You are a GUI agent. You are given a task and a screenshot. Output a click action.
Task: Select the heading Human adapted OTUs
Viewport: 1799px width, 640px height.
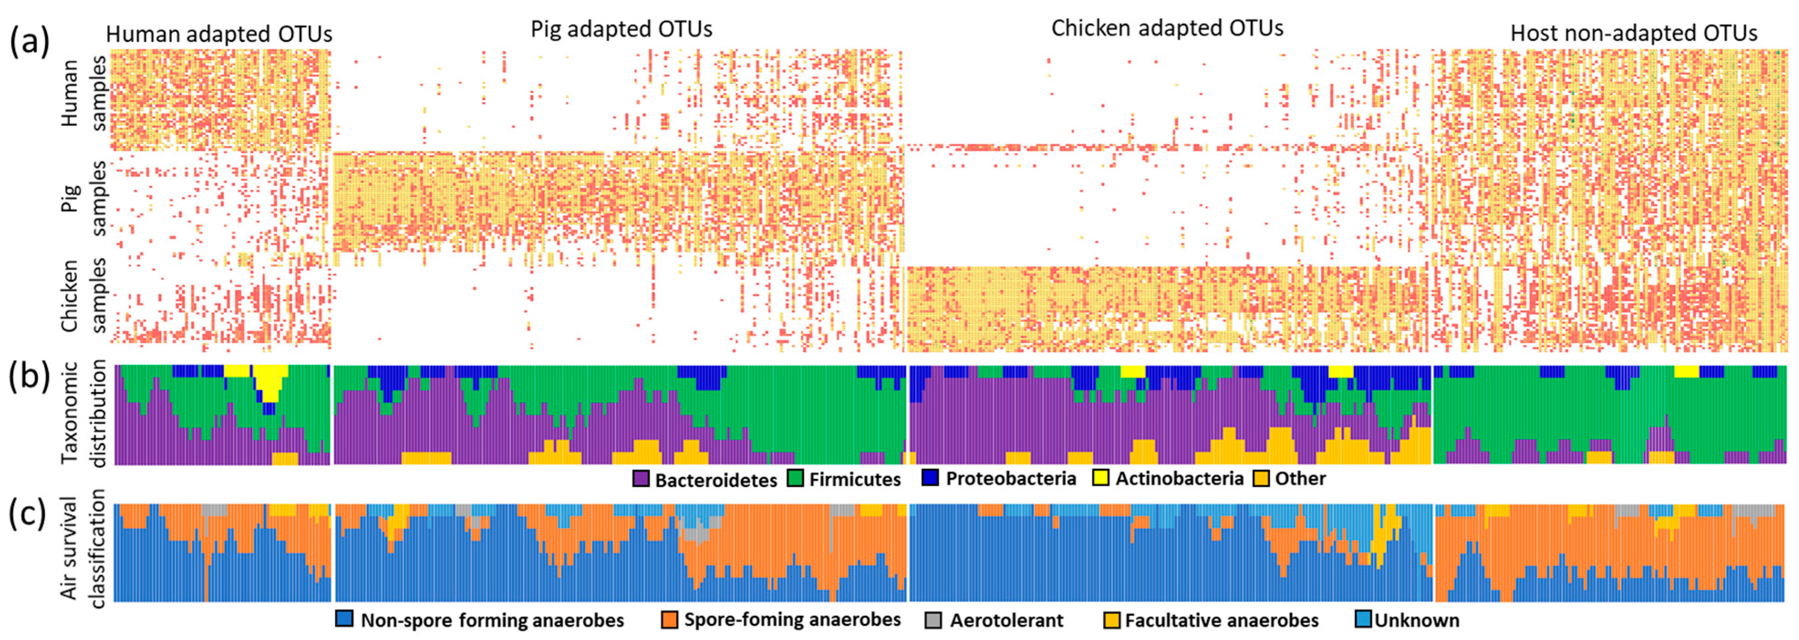pyautogui.click(x=218, y=34)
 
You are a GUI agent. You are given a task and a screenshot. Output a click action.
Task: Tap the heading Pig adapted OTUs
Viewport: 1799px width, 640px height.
pyautogui.click(x=621, y=29)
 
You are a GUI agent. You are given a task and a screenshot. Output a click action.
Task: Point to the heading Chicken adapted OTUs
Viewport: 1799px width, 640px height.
pyautogui.click(x=1167, y=28)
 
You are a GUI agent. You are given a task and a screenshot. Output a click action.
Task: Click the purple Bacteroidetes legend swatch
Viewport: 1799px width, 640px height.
pyautogui.click(x=641, y=479)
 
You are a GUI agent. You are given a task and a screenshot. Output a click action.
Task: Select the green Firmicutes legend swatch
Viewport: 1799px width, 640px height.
pyautogui.click(x=796, y=479)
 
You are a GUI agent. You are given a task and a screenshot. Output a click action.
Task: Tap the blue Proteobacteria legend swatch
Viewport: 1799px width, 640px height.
pyautogui.click(x=930, y=478)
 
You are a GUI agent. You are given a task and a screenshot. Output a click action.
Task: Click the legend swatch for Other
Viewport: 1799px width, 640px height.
pyautogui.click(x=1261, y=478)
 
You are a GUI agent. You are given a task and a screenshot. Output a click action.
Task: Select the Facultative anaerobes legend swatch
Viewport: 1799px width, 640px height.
pyautogui.click(x=1112, y=620)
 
